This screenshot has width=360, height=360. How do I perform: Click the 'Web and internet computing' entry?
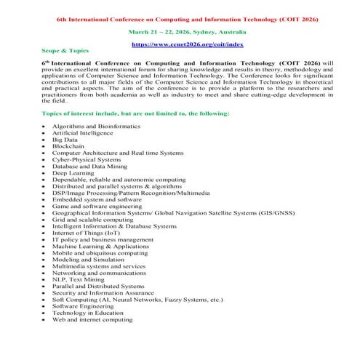92,319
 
